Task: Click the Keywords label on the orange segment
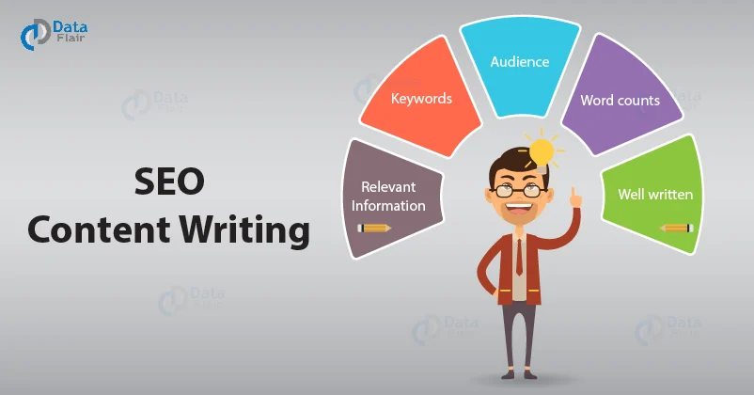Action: pos(421,98)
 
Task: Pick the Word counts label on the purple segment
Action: pos(620,99)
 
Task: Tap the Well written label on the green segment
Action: pos(655,196)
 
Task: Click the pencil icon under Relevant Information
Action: pos(374,227)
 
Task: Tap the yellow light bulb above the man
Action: pos(541,151)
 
